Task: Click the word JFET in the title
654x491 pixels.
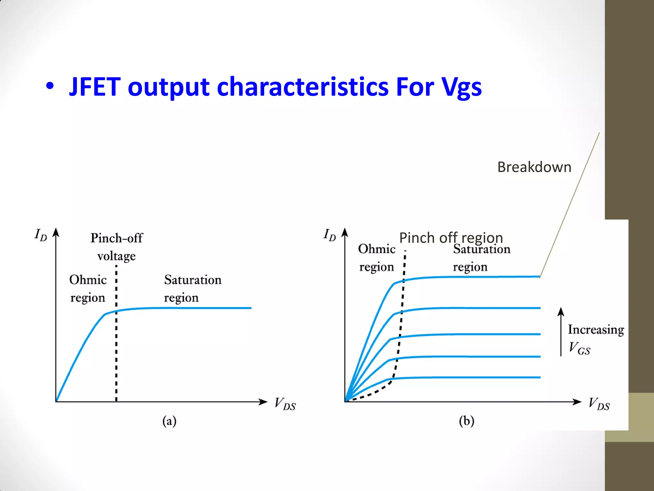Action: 95,87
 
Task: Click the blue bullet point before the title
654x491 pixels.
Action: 50,86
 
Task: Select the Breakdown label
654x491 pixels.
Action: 534,167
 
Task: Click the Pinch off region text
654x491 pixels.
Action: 451,238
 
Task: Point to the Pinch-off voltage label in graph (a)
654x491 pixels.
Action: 117,247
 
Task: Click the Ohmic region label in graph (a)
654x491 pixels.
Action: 88,288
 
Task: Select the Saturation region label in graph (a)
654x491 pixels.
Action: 193,288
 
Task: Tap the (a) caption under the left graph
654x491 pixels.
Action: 169,421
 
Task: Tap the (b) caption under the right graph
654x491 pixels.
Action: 467,421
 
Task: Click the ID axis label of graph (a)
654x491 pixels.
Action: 41,235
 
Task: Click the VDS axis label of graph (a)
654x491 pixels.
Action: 285,404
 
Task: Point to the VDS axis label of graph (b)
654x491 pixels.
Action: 599,404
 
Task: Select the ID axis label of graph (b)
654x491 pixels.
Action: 330,235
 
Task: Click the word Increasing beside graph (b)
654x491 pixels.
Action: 596,330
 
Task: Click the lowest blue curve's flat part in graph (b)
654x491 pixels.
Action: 473,378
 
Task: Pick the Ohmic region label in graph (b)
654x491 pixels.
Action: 377,258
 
